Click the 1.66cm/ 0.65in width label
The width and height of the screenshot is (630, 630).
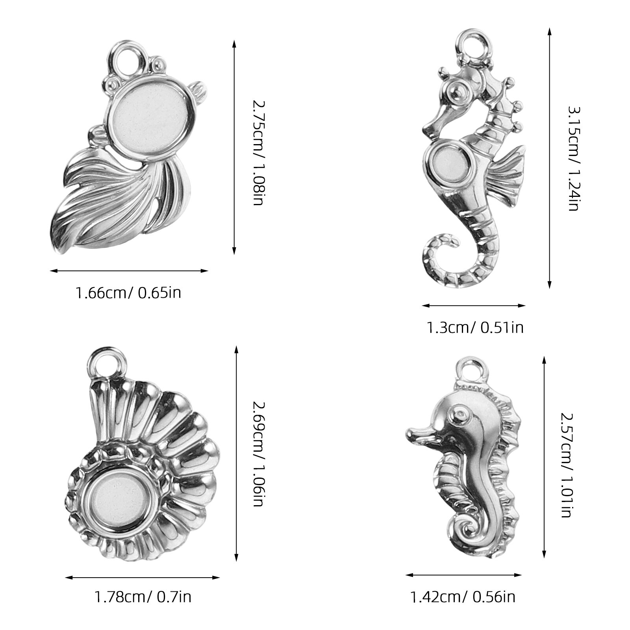128,293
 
